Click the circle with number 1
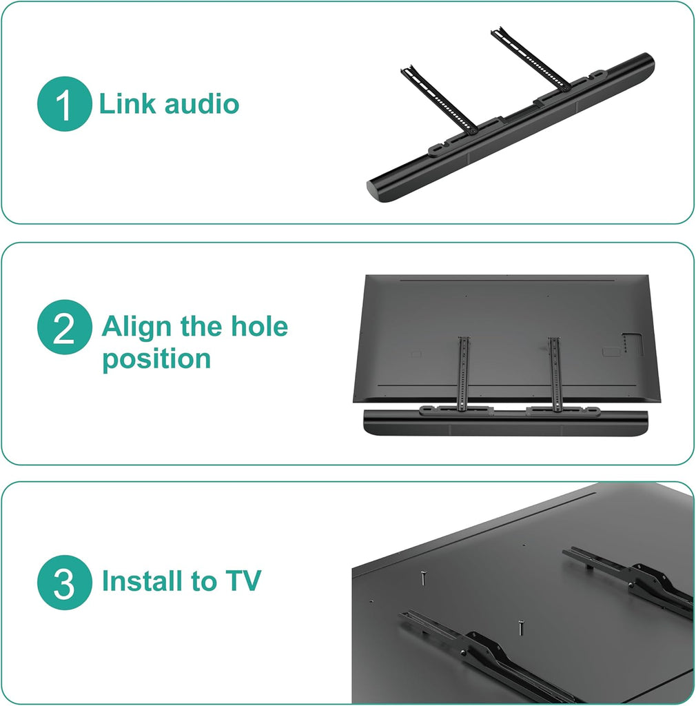(63, 105)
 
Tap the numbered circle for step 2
(63, 327)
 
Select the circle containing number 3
(64, 583)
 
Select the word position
(156, 359)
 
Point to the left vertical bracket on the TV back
(464, 372)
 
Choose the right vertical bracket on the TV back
(554, 372)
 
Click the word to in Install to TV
(204, 581)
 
